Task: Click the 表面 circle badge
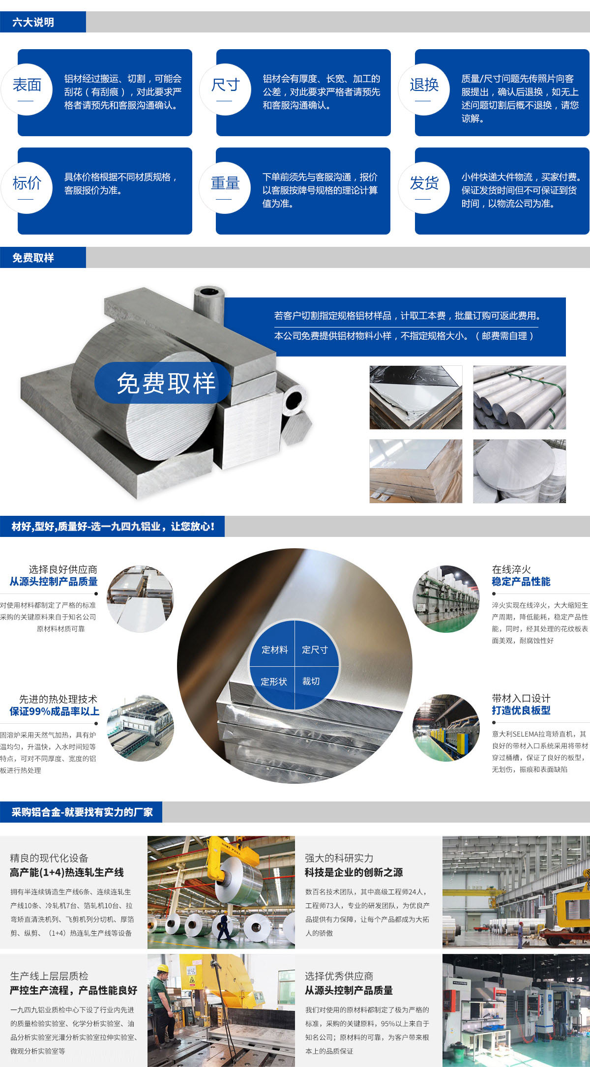[27, 89]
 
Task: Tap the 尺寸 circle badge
[225, 89]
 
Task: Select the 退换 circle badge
[424, 89]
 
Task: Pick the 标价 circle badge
[27, 188]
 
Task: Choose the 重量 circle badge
[225, 188]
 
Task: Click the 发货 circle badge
[424, 188]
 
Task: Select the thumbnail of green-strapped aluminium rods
[519, 397]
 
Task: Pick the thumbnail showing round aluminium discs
[519, 471]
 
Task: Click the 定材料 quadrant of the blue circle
[274, 650]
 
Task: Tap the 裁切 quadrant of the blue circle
[311, 682]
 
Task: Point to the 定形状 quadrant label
[274, 682]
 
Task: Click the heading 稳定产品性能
[521, 582]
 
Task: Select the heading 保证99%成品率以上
[55, 711]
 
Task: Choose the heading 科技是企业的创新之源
[354, 872]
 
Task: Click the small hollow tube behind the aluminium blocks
[209, 304]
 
